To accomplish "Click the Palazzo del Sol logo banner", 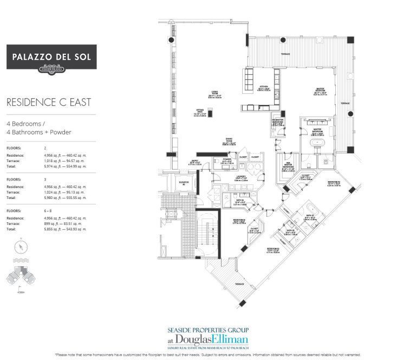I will coord(51,57).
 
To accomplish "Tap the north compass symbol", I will coord(20,247).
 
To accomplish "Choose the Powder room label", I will coord(227,160).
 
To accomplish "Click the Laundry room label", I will coord(242,177).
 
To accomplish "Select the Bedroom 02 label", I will coord(334,183).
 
